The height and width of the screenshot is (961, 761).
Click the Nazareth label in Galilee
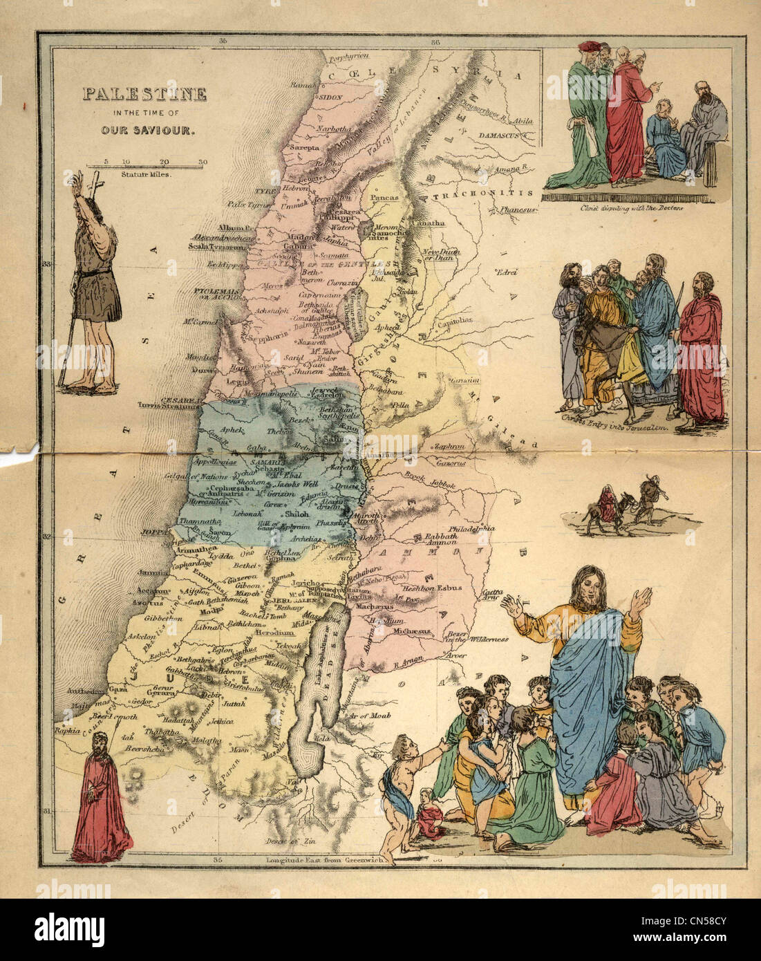(310, 342)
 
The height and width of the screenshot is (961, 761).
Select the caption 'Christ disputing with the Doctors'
(626, 207)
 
